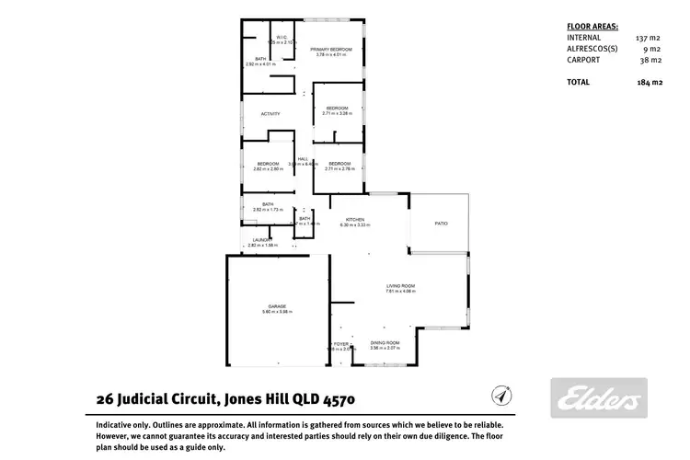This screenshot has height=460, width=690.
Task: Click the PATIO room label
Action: pyautogui.click(x=441, y=223)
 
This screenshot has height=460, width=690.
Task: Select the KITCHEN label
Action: pyautogui.click(x=355, y=219)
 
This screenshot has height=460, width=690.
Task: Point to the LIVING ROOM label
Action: pyautogui.click(x=400, y=287)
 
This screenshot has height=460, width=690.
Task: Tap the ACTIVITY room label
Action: pyautogui.click(x=270, y=114)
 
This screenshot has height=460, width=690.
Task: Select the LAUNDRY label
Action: pyautogui.click(x=263, y=241)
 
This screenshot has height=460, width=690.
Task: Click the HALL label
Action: pyautogui.click(x=302, y=158)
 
